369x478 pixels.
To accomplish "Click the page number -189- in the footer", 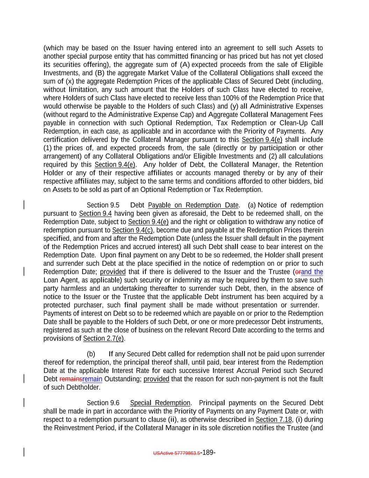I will (x=208, y=452).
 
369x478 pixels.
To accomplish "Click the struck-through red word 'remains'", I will (x=71, y=379).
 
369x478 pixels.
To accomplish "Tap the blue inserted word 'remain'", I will (x=92, y=379).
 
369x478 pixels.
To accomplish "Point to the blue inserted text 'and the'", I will (x=312, y=272).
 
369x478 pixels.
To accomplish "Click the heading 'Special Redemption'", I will (x=160, y=403).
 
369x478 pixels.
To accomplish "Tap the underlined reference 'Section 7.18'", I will (x=274, y=420).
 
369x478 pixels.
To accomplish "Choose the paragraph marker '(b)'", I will (x=91, y=354).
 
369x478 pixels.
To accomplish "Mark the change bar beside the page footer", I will (x=24, y=452).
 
